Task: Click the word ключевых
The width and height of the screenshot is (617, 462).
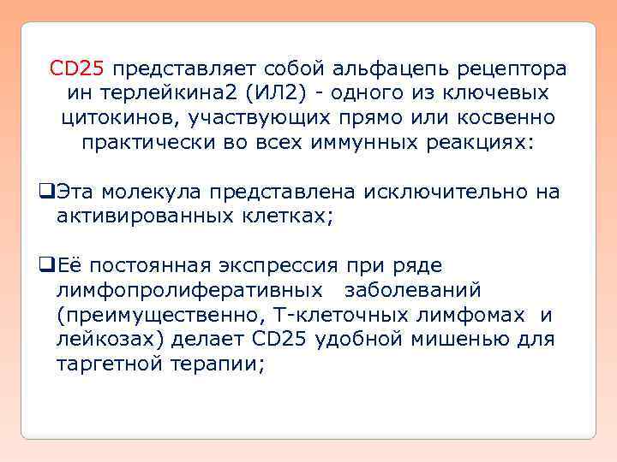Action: [505, 92]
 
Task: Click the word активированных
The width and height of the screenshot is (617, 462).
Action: [141, 216]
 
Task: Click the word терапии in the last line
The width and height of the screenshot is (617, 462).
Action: [222, 364]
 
